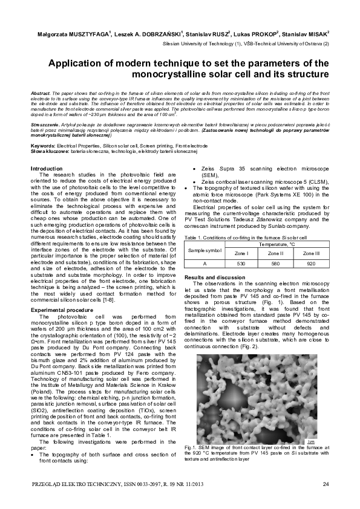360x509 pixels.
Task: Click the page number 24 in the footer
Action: click(x=326, y=484)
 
